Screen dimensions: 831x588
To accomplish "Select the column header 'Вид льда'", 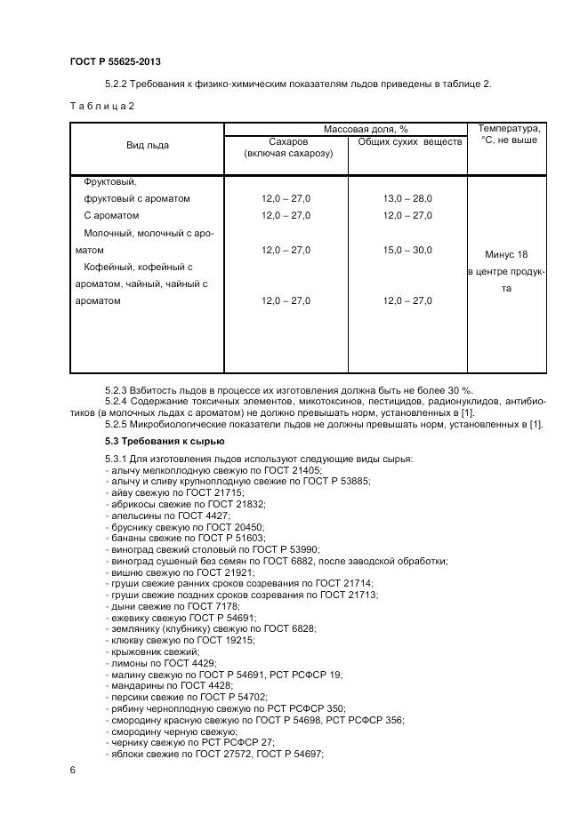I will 147,145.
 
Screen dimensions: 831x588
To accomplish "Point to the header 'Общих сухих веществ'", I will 409,141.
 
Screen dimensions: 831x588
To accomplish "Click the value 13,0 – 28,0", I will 407,198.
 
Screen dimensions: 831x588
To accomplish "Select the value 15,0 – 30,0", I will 407,250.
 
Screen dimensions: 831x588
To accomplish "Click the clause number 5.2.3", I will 118,390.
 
